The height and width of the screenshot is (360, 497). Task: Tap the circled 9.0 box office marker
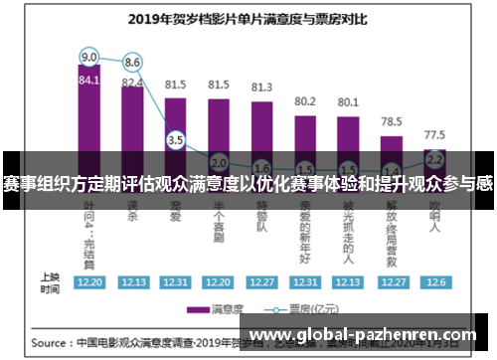(x=89, y=56)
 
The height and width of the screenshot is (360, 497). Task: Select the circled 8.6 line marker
(x=132, y=62)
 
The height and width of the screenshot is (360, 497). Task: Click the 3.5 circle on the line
(x=176, y=140)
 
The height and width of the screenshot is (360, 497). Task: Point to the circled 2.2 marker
(x=434, y=158)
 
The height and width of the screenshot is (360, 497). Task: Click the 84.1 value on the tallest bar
(x=89, y=81)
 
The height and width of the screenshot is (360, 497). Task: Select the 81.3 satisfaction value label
(x=261, y=87)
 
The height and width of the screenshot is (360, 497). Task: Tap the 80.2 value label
(x=305, y=100)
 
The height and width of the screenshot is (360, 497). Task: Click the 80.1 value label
(x=348, y=101)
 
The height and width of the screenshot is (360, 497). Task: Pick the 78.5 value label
(x=391, y=121)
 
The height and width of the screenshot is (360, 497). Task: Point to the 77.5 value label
(x=434, y=133)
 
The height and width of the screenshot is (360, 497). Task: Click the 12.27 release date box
(x=261, y=281)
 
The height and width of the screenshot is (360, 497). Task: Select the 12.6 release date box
(x=434, y=281)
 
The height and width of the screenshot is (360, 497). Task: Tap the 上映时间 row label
(x=50, y=281)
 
